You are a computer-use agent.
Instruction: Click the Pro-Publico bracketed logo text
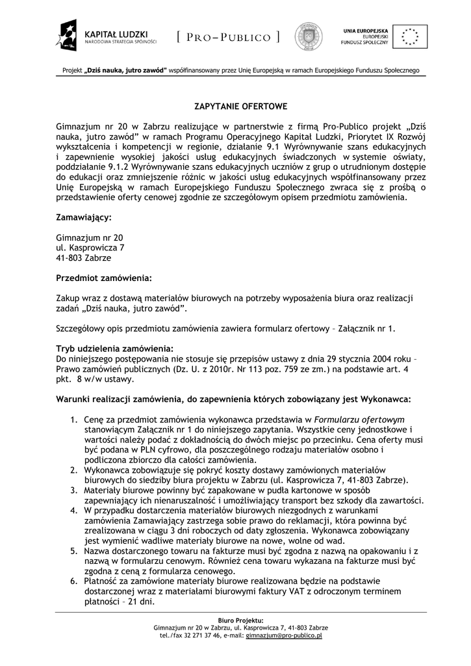(x=228, y=37)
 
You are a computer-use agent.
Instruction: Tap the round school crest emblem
(x=309, y=36)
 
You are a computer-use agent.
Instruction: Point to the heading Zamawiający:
(x=84, y=217)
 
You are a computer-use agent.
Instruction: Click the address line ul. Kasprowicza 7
(x=90, y=247)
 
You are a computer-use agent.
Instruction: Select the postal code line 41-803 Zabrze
(x=84, y=258)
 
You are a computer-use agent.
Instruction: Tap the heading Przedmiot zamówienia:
(x=104, y=278)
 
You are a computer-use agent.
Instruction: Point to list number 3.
(x=73, y=490)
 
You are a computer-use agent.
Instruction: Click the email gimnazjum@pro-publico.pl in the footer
(x=285, y=635)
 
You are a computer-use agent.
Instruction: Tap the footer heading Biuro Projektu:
(x=241, y=620)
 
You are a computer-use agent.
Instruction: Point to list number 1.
(x=73, y=420)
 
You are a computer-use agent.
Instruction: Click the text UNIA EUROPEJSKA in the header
(x=366, y=31)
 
